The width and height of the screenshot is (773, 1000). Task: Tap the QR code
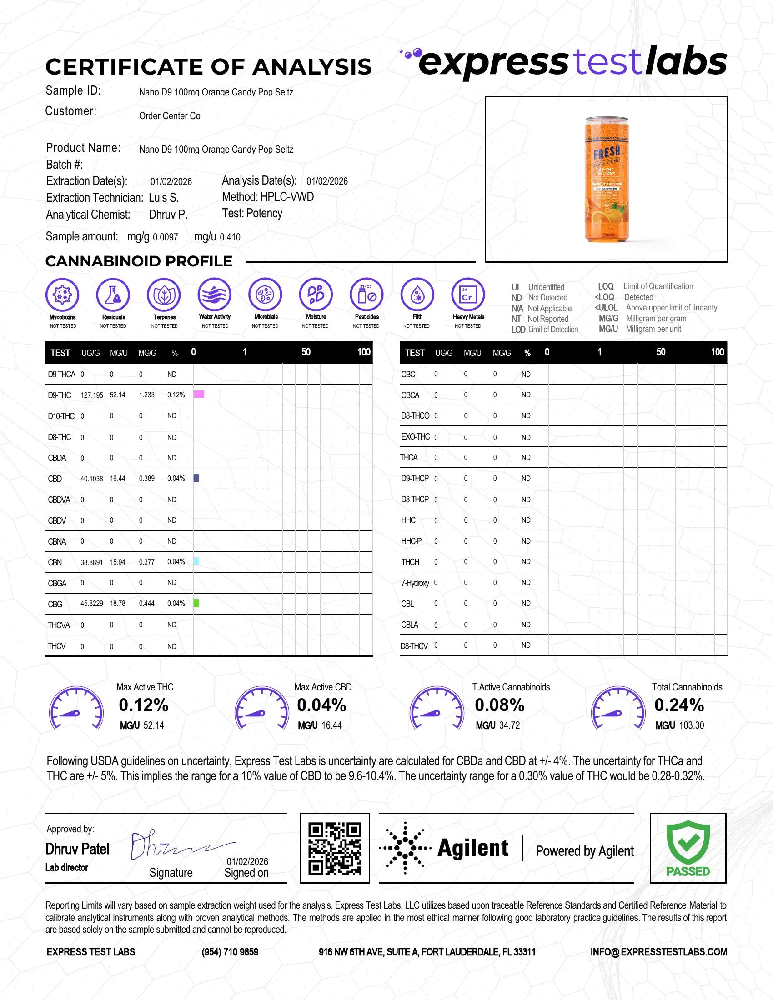(x=334, y=848)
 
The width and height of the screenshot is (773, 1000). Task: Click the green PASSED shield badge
(x=688, y=847)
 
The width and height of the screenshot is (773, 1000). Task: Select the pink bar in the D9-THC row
(x=199, y=394)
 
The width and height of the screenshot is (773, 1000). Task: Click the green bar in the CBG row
(x=196, y=603)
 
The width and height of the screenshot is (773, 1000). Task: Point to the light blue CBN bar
(x=196, y=561)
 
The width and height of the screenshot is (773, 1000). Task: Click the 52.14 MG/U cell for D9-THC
(x=117, y=395)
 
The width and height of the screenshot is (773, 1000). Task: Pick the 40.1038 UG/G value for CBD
(x=91, y=479)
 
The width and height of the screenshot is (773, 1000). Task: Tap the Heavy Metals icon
(x=467, y=294)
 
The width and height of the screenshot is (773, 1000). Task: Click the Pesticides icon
(x=366, y=294)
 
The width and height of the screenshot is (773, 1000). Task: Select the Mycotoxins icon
(x=62, y=294)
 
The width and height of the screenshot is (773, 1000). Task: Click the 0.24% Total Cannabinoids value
(x=679, y=705)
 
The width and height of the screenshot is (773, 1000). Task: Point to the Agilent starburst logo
(x=405, y=848)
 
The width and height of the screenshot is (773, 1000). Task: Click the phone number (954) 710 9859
(x=230, y=952)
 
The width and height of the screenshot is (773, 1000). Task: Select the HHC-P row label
(x=411, y=541)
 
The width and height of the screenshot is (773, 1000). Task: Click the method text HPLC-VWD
(x=286, y=197)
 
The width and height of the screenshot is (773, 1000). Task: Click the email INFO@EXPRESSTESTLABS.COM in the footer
(x=658, y=952)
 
